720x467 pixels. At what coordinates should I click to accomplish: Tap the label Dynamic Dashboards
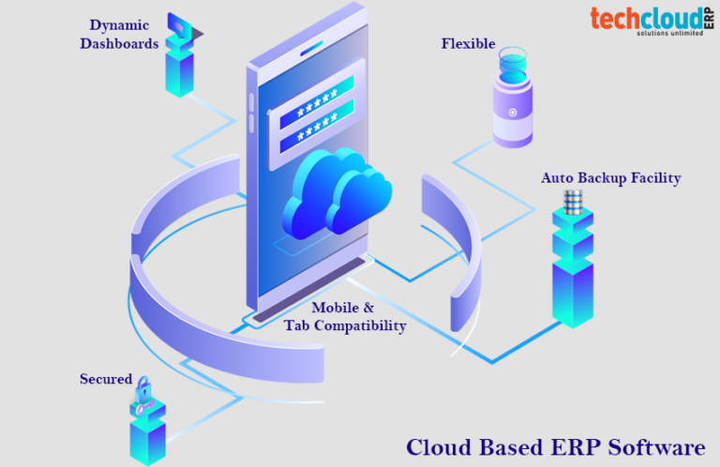(118, 34)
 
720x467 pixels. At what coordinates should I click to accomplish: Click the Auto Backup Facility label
(610, 177)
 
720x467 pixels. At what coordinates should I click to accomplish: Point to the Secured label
(105, 379)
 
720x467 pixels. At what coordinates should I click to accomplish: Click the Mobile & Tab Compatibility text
(345, 317)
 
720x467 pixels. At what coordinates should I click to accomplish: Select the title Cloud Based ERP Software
(555, 446)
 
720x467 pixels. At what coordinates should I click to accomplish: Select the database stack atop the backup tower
(573, 202)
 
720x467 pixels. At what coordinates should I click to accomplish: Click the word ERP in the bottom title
(555, 446)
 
